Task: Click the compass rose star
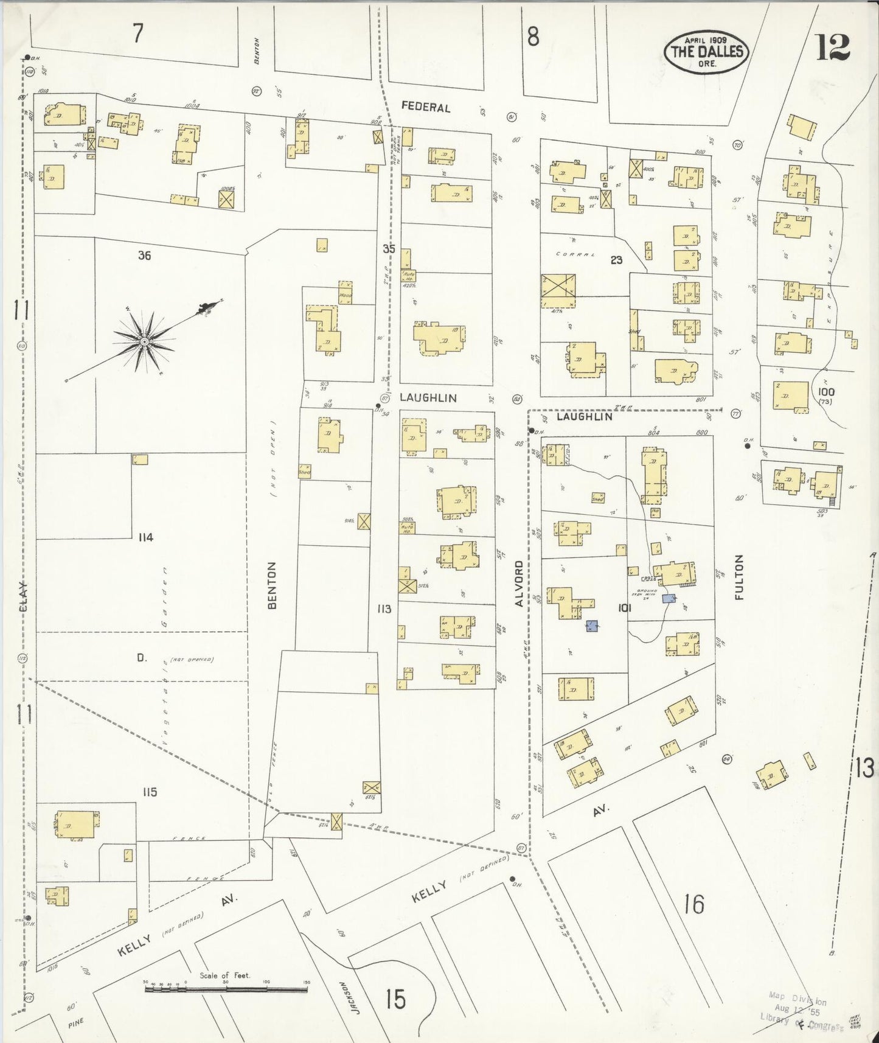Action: click(144, 342)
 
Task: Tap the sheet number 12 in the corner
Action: click(832, 48)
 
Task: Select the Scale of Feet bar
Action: click(226, 990)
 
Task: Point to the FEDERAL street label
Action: click(426, 107)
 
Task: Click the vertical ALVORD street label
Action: click(519, 584)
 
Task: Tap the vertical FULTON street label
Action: click(739, 577)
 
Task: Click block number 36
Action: click(144, 256)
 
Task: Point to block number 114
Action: click(145, 537)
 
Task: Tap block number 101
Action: click(624, 607)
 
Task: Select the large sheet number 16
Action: click(693, 905)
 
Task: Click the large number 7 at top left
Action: click(138, 33)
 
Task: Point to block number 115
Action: click(150, 792)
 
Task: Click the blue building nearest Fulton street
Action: click(669, 599)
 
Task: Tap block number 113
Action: click(383, 609)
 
